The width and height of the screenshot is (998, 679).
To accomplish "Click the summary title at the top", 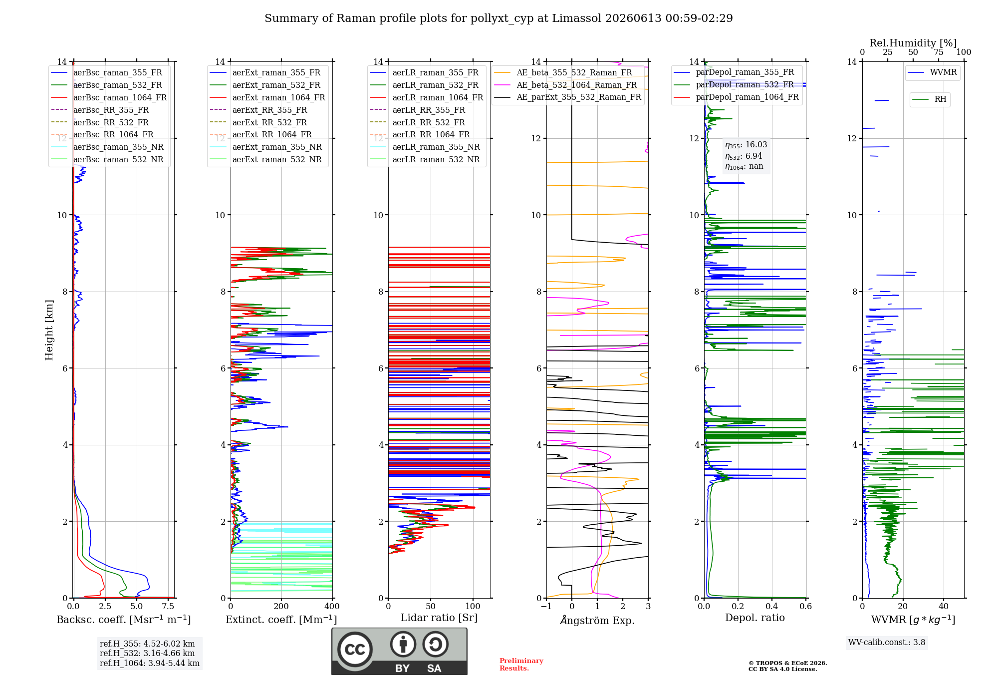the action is [x=499, y=18].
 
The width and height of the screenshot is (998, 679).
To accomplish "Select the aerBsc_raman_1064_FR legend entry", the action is [x=109, y=97].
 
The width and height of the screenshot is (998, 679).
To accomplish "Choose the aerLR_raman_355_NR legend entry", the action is [x=425, y=147].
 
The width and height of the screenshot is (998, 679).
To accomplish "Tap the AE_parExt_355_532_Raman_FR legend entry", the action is [x=567, y=97].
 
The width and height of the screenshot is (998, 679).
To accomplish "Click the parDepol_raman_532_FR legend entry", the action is [x=734, y=85].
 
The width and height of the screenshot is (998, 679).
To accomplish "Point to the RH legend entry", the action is [x=929, y=99].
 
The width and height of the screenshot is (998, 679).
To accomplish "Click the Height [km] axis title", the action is [x=49, y=330].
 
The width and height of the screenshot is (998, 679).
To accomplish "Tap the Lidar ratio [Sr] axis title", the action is [x=439, y=618].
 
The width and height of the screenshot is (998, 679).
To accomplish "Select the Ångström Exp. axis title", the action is [x=597, y=620].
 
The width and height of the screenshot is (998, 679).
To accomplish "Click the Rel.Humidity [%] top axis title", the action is [x=913, y=43].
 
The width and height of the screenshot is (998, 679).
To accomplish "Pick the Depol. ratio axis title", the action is [x=755, y=618].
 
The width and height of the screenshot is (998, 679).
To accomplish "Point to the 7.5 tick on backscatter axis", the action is [x=168, y=606].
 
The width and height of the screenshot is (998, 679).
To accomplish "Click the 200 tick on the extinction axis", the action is [x=281, y=606].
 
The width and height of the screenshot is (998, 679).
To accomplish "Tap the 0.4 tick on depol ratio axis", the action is [x=772, y=606].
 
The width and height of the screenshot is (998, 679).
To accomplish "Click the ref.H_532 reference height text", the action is [x=147, y=653].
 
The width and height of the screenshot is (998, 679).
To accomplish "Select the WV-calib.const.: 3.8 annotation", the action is [x=887, y=642].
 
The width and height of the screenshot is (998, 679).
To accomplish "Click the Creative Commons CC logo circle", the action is [x=355, y=649].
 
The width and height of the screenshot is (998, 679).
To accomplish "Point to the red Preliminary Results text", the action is [x=521, y=665].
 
